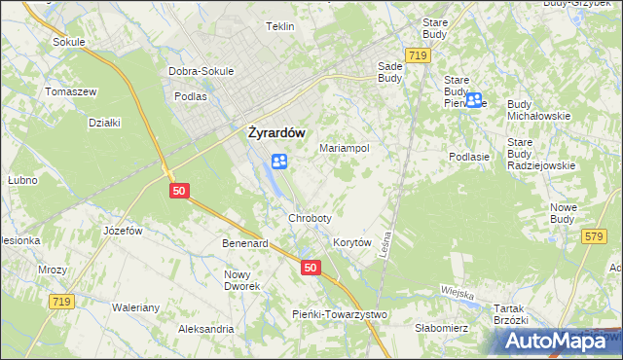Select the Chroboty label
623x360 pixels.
[x=310, y=218]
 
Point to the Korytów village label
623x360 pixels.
[x=352, y=242]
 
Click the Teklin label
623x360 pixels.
[x=279, y=26]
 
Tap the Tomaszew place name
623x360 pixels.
[x=70, y=91]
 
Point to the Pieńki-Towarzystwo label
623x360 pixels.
[x=340, y=314]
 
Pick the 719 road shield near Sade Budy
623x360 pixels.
[x=420, y=57]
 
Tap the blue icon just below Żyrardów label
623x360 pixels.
[x=278, y=162]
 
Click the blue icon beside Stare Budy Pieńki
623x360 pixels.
[x=474, y=99]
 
